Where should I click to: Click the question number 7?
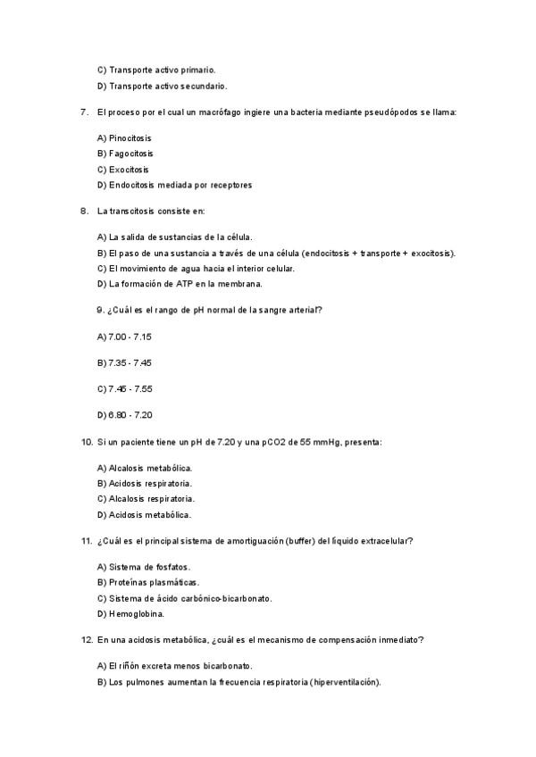click(x=83, y=112)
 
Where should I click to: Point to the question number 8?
click(x=83, y=212)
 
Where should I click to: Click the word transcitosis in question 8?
click(x=142, y=212)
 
